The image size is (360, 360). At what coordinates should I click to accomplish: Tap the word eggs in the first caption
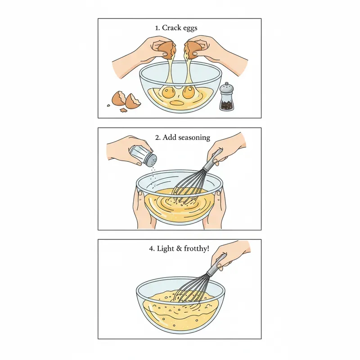[x=190, y=28]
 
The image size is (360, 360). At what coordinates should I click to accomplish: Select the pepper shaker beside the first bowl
[x=226, y=98]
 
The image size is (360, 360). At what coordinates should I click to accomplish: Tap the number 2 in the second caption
[x=157, y=137]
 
